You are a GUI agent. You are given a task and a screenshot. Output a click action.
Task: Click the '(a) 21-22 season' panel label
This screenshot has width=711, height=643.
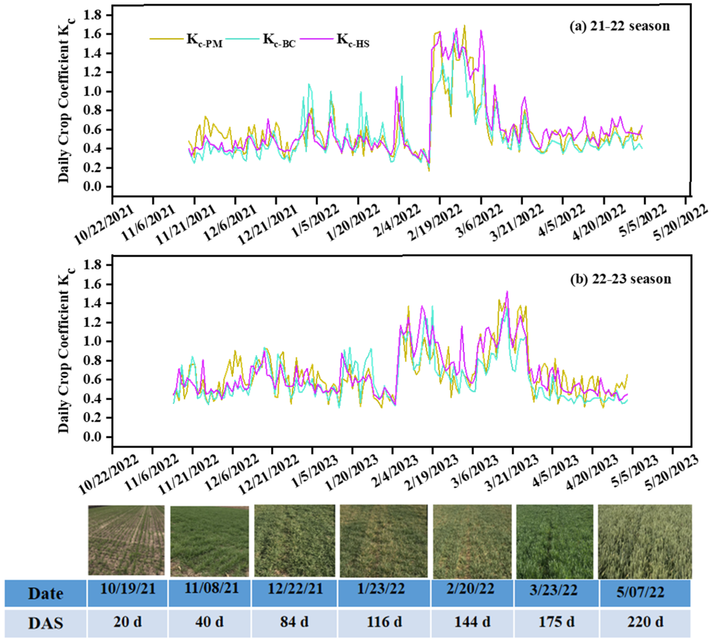pos(620,26)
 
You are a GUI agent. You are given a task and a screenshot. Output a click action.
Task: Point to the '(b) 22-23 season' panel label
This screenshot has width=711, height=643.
pos(620,279)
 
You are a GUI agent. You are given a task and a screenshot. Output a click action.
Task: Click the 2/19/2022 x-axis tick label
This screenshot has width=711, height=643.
pos(435,222)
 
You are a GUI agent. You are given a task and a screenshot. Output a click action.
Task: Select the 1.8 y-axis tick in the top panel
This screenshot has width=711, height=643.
pos(92,15)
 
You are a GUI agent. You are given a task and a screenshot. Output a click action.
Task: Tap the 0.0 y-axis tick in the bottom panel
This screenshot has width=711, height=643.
pos(92,437)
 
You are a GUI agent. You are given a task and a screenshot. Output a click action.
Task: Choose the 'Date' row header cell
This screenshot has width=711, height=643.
pos(45,594)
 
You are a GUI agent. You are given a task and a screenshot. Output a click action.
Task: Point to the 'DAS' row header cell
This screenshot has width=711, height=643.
pos(45,623)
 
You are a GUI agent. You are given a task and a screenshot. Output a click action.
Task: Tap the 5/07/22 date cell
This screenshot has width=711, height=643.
pos(640,592)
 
